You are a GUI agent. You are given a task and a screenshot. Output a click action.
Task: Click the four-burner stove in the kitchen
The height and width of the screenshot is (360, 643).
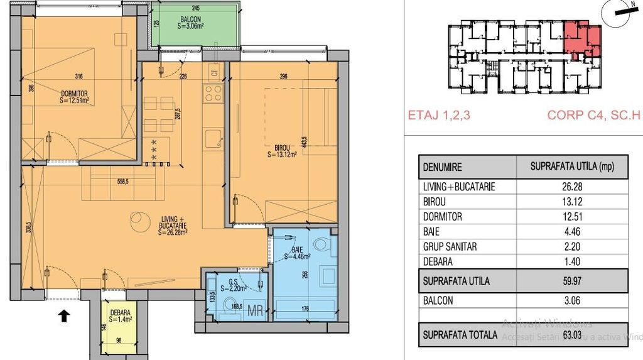pyautogui.click(x=213, y=94)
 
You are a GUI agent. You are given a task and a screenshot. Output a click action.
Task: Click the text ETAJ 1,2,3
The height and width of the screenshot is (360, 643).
pyautogui.click(x=439, y=116)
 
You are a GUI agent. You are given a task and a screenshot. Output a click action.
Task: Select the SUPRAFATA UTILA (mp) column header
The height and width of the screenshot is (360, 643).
pyautogui.click(x=571, y=168)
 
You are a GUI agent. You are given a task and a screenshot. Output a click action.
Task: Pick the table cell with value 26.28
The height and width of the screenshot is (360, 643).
pyautogui.click(x=571, y=187)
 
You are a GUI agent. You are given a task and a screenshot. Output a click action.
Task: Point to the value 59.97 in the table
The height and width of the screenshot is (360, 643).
pyautogui.click(x=571, y=281)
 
